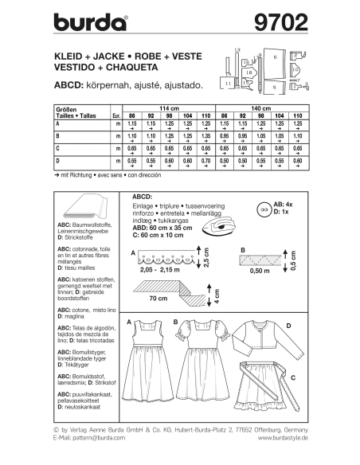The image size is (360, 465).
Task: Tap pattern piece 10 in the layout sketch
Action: coord(296,69)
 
